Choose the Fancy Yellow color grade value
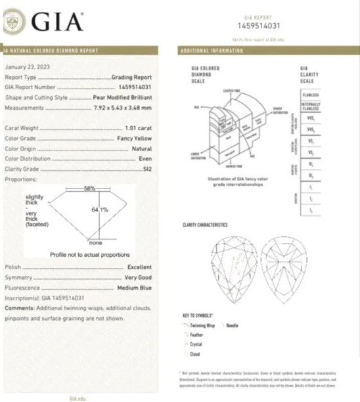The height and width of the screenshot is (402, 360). point(133,139)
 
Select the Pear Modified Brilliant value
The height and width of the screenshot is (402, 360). point(124,97)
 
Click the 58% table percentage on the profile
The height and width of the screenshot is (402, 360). point(89,189)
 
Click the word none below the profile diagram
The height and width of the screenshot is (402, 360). point(96,244)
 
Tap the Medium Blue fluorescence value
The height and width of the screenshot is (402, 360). point(135,288)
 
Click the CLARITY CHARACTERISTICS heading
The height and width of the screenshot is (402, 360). point(204,225)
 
